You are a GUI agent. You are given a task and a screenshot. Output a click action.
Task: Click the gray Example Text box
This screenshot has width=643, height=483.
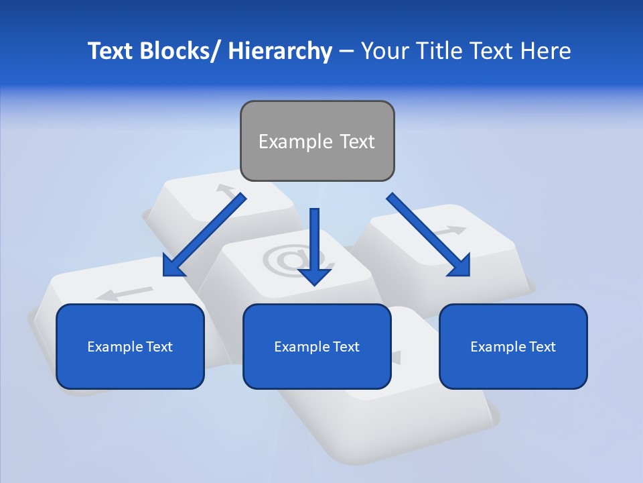317,141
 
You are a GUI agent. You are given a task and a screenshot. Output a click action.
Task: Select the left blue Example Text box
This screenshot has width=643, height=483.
130,346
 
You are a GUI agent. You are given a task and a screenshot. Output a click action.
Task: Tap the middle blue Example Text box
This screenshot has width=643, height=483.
317,346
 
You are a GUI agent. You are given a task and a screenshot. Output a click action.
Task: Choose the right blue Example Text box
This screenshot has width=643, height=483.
513,346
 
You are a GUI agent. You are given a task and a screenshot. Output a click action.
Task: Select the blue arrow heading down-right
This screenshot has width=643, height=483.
429,235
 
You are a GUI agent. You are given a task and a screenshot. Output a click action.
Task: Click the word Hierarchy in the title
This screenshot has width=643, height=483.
280,51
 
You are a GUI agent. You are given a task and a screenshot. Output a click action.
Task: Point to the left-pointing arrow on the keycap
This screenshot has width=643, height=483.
124,292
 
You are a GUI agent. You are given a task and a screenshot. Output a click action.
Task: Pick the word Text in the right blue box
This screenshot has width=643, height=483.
542,346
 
